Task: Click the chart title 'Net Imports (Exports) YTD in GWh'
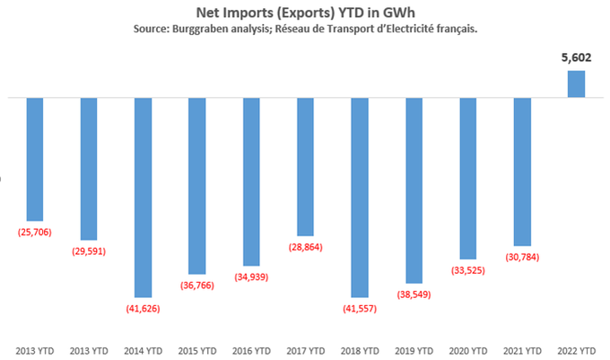pos(305,13)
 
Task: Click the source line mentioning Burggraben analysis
pos(305,30)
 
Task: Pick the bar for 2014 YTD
pos(143,197)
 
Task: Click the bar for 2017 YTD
pos(305,166)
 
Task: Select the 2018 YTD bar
pos(359,197)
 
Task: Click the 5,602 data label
pos(575,59)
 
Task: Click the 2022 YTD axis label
pos(575,350)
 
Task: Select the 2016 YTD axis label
pos(251,350)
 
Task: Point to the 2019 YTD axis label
pos(414,350)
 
